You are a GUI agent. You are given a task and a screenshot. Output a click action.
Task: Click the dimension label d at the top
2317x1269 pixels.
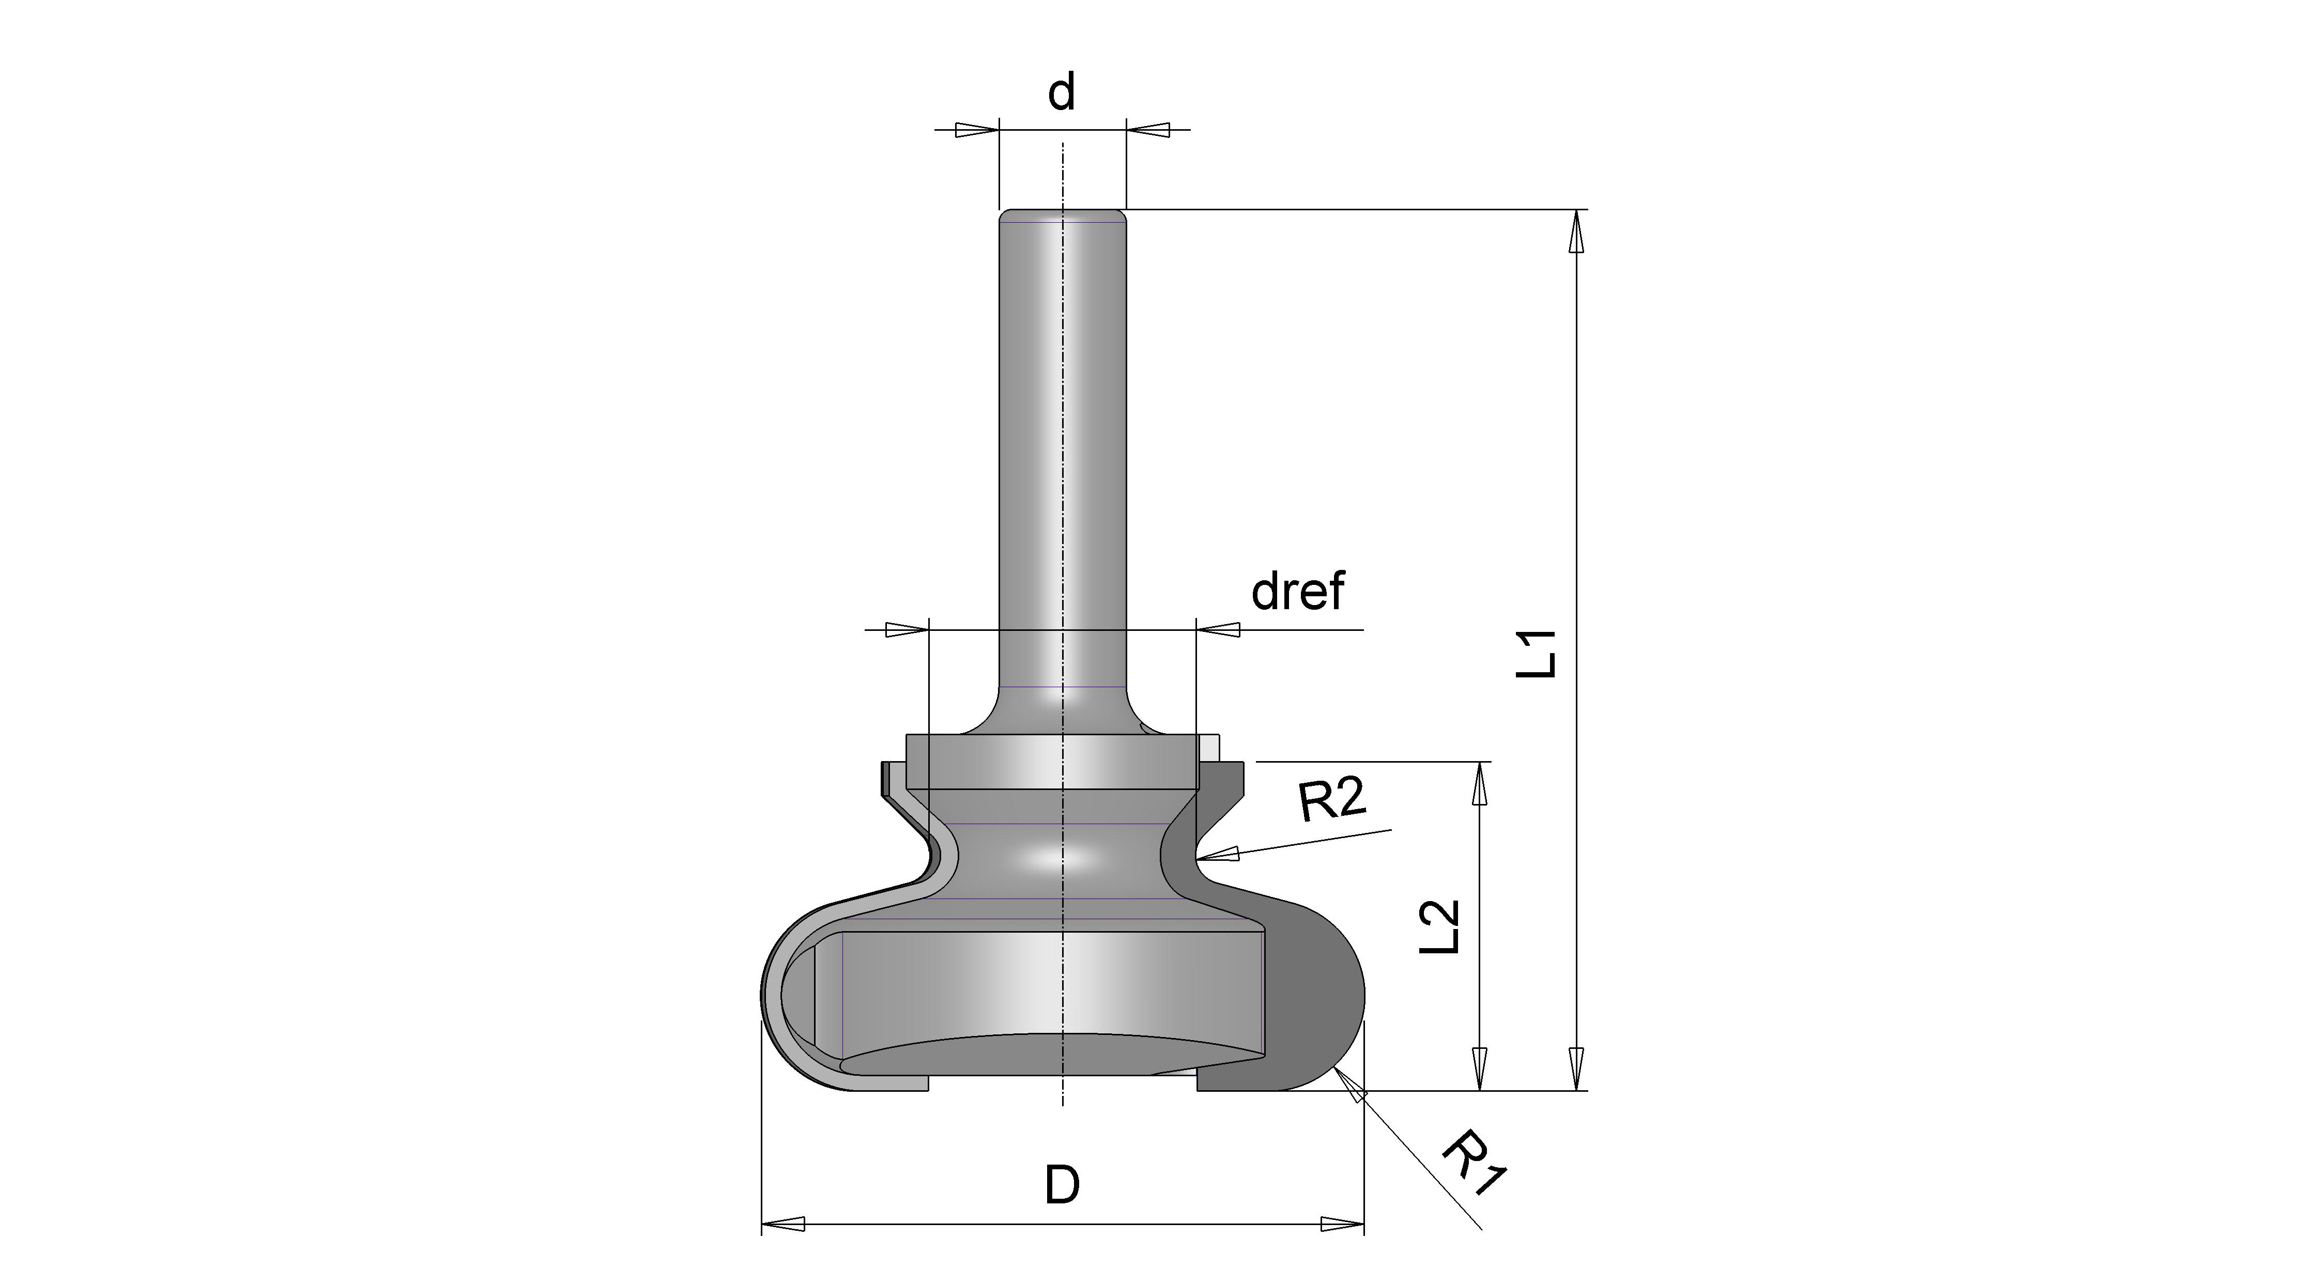click(x=1062, y=92)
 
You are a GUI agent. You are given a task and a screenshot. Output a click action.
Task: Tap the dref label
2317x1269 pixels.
click(x=1298, y=591)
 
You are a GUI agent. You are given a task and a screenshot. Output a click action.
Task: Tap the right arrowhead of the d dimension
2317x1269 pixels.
click(x=1148, y=130)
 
